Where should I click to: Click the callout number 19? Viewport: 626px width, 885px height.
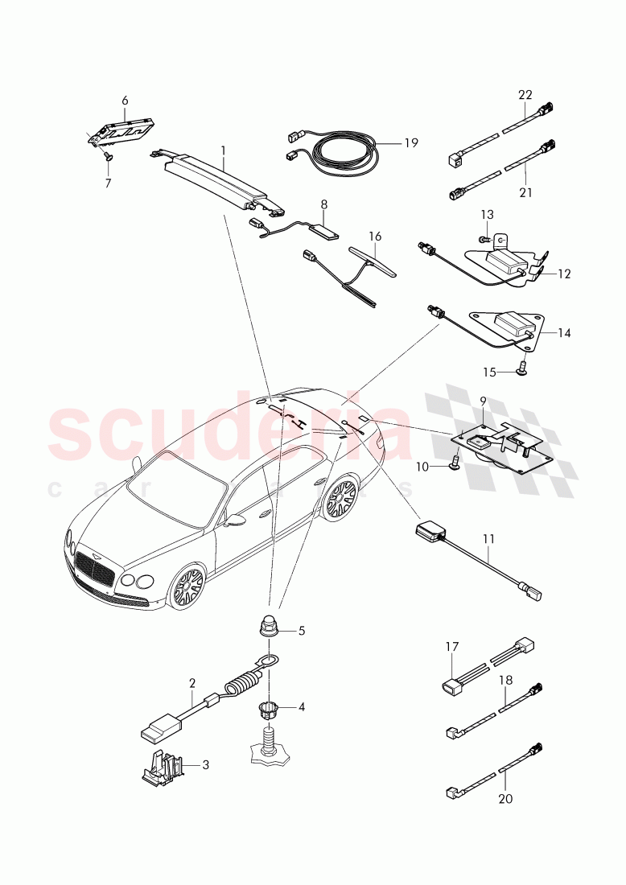click(x=411, y=143)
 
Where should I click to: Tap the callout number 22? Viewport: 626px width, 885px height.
click(x=525, y=95)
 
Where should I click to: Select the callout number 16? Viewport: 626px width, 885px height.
click(x=375, y=237)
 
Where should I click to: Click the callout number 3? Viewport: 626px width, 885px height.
click(x=205, y=764)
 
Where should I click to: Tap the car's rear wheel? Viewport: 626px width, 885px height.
click(x=339, y=499)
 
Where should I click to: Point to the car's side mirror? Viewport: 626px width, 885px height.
click(x=236, y=521)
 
